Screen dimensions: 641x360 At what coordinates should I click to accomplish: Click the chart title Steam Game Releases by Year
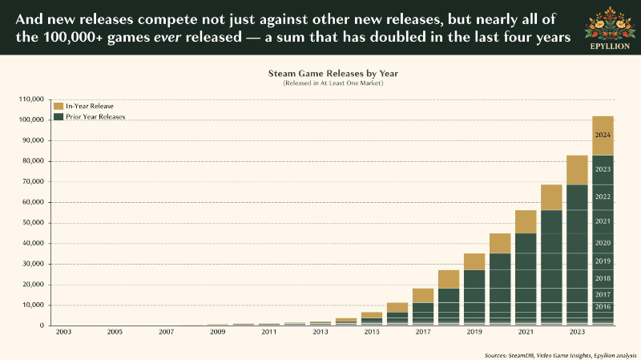(x=333, y=74)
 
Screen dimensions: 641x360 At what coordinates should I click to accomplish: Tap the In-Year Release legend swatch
(x=58, y=106)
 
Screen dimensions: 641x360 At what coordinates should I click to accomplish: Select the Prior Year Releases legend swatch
(x=58, y=116)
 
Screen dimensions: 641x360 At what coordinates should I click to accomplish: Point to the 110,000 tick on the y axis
(x=31, y=99)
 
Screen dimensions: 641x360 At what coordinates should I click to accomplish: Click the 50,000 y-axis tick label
(x=33, y=223)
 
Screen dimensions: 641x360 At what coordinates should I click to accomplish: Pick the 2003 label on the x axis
(x=63, y=332)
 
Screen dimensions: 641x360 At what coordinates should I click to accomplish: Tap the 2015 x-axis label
(x=372, y=332)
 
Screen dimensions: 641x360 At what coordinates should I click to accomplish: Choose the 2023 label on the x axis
(x=577, y=332)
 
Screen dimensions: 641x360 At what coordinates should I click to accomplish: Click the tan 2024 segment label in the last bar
(x=603, y=135)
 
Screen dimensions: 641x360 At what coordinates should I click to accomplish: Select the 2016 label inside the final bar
(x=603, y=307)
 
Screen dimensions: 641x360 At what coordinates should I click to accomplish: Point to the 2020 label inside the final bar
(x=603, y=243)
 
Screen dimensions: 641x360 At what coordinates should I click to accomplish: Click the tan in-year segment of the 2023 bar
(x=577, y=170)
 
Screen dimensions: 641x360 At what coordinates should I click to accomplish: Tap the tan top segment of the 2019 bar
(x=474, y=262)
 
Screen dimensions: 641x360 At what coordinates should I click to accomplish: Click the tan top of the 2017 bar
(x=423, y=296)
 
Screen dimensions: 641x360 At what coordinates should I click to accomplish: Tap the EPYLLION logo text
(x=610, y=47)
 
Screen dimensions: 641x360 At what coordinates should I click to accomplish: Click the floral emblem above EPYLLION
(x=610, y=23)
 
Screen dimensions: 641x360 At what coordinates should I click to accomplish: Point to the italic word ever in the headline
(x=167, y=37)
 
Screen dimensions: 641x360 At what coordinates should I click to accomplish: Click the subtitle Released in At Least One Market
(x=333, y=83)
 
